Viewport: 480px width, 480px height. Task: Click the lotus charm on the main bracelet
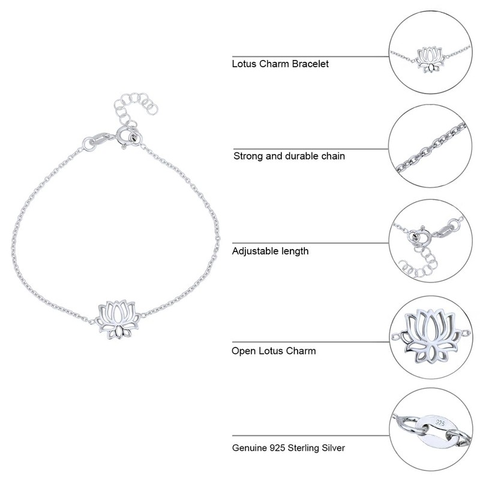pyautogui.click(x=120, y=318)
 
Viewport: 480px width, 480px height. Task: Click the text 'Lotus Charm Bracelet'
pyautogui.click(x=280, y=63)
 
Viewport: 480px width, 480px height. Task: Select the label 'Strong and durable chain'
pyautogui.click(x=289, y=156)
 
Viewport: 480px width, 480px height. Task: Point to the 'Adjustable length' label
pyautogui.click(x=271, y=251)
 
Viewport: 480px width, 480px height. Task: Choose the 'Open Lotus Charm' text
pyautogui.click(x=274, y=350)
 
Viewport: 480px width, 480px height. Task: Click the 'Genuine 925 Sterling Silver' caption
pyautogui.click(x=289, y=448)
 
